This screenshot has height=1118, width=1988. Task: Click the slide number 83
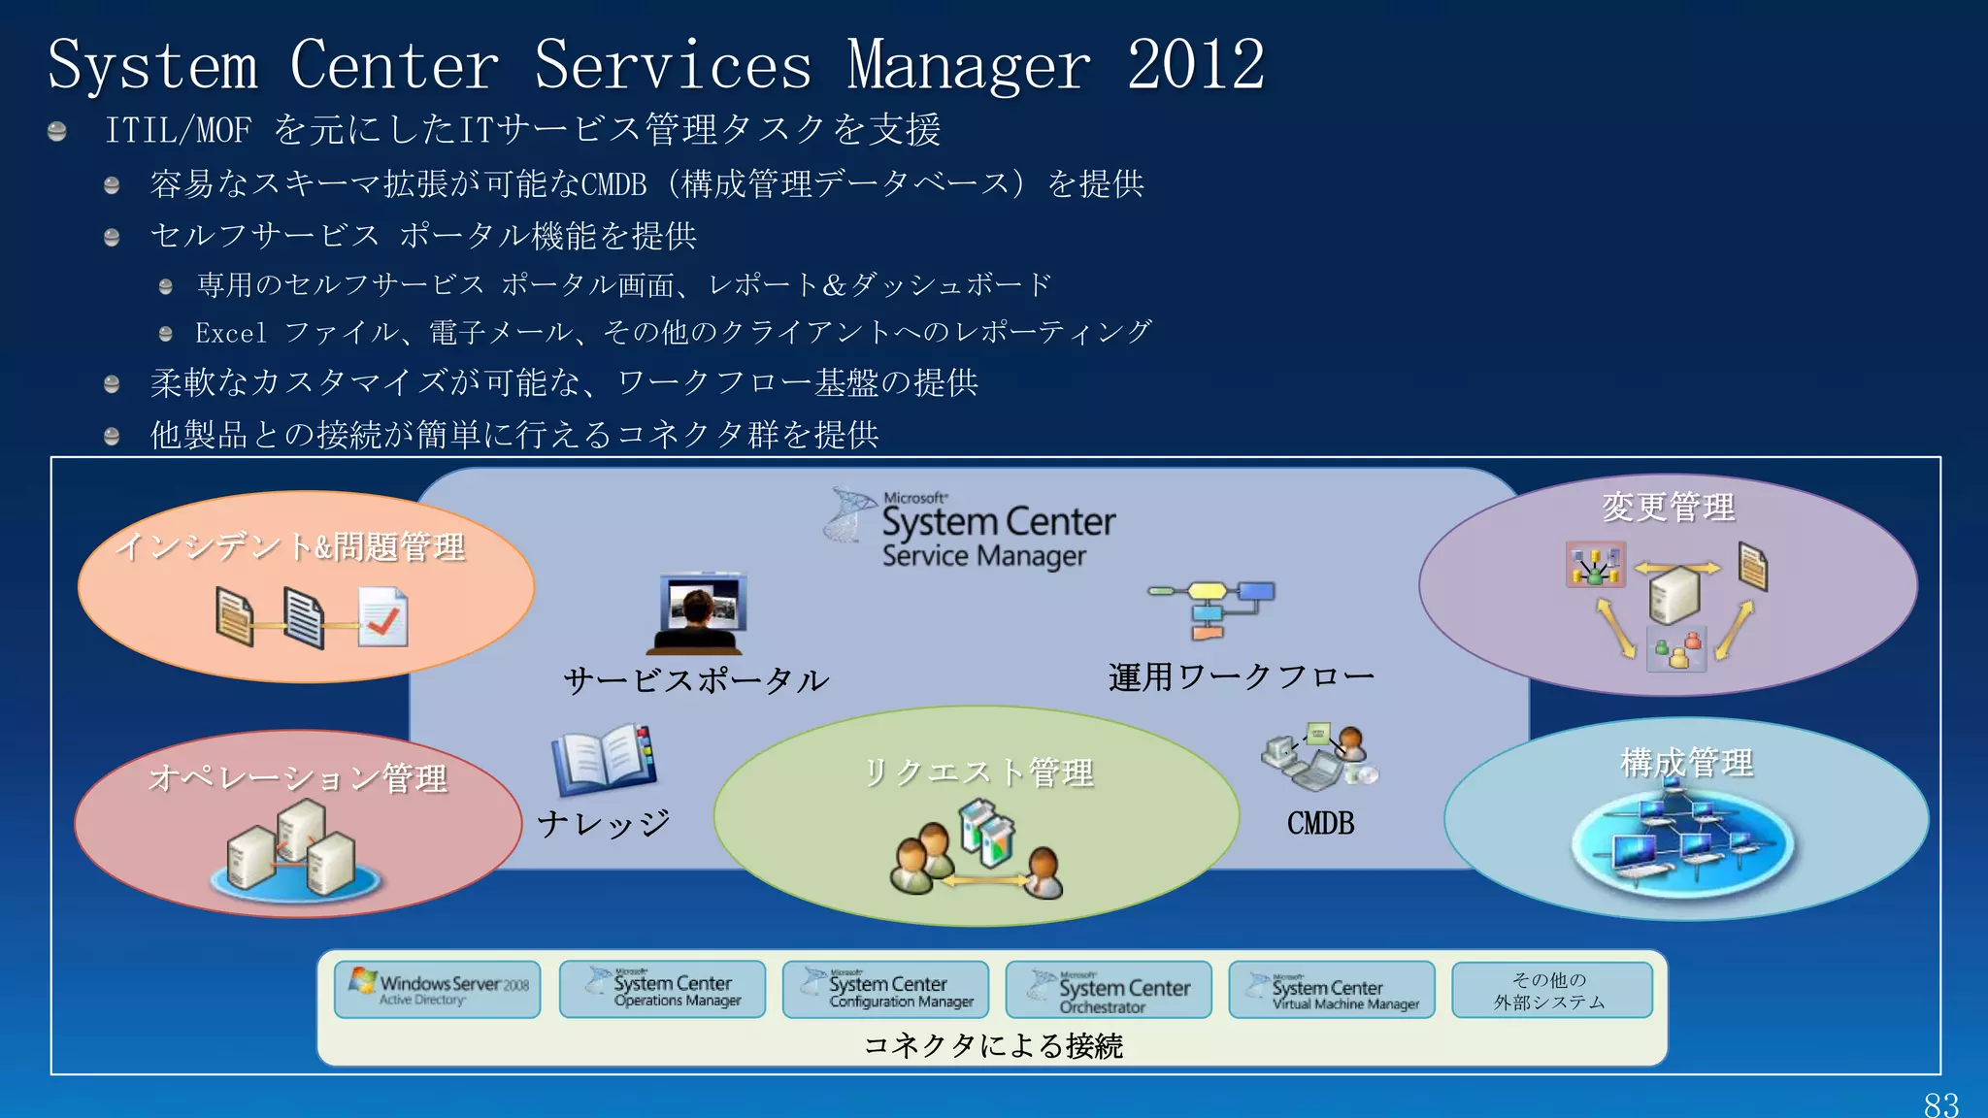(1940, 1104)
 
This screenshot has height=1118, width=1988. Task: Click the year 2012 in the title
(1195, 65)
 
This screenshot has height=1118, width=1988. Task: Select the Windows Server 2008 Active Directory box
(437, 989)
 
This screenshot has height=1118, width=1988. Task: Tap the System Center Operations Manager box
(662, 989)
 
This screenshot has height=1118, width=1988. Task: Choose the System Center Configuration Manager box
(885, 990)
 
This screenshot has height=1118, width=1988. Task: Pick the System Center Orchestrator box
(1109, 990)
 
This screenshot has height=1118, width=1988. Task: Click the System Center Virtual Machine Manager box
(1331, 990)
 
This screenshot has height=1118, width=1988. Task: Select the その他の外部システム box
(1551, 990)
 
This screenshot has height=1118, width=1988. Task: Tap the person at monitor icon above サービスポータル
(698, 613)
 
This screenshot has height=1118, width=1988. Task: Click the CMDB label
(1320, 823)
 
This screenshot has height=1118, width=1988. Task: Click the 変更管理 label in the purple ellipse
(1668, 507)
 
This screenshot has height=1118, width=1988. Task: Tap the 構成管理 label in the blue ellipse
(1686, 763)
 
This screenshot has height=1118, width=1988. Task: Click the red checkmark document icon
(382, 617)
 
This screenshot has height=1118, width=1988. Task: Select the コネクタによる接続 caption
(992, 1045)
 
